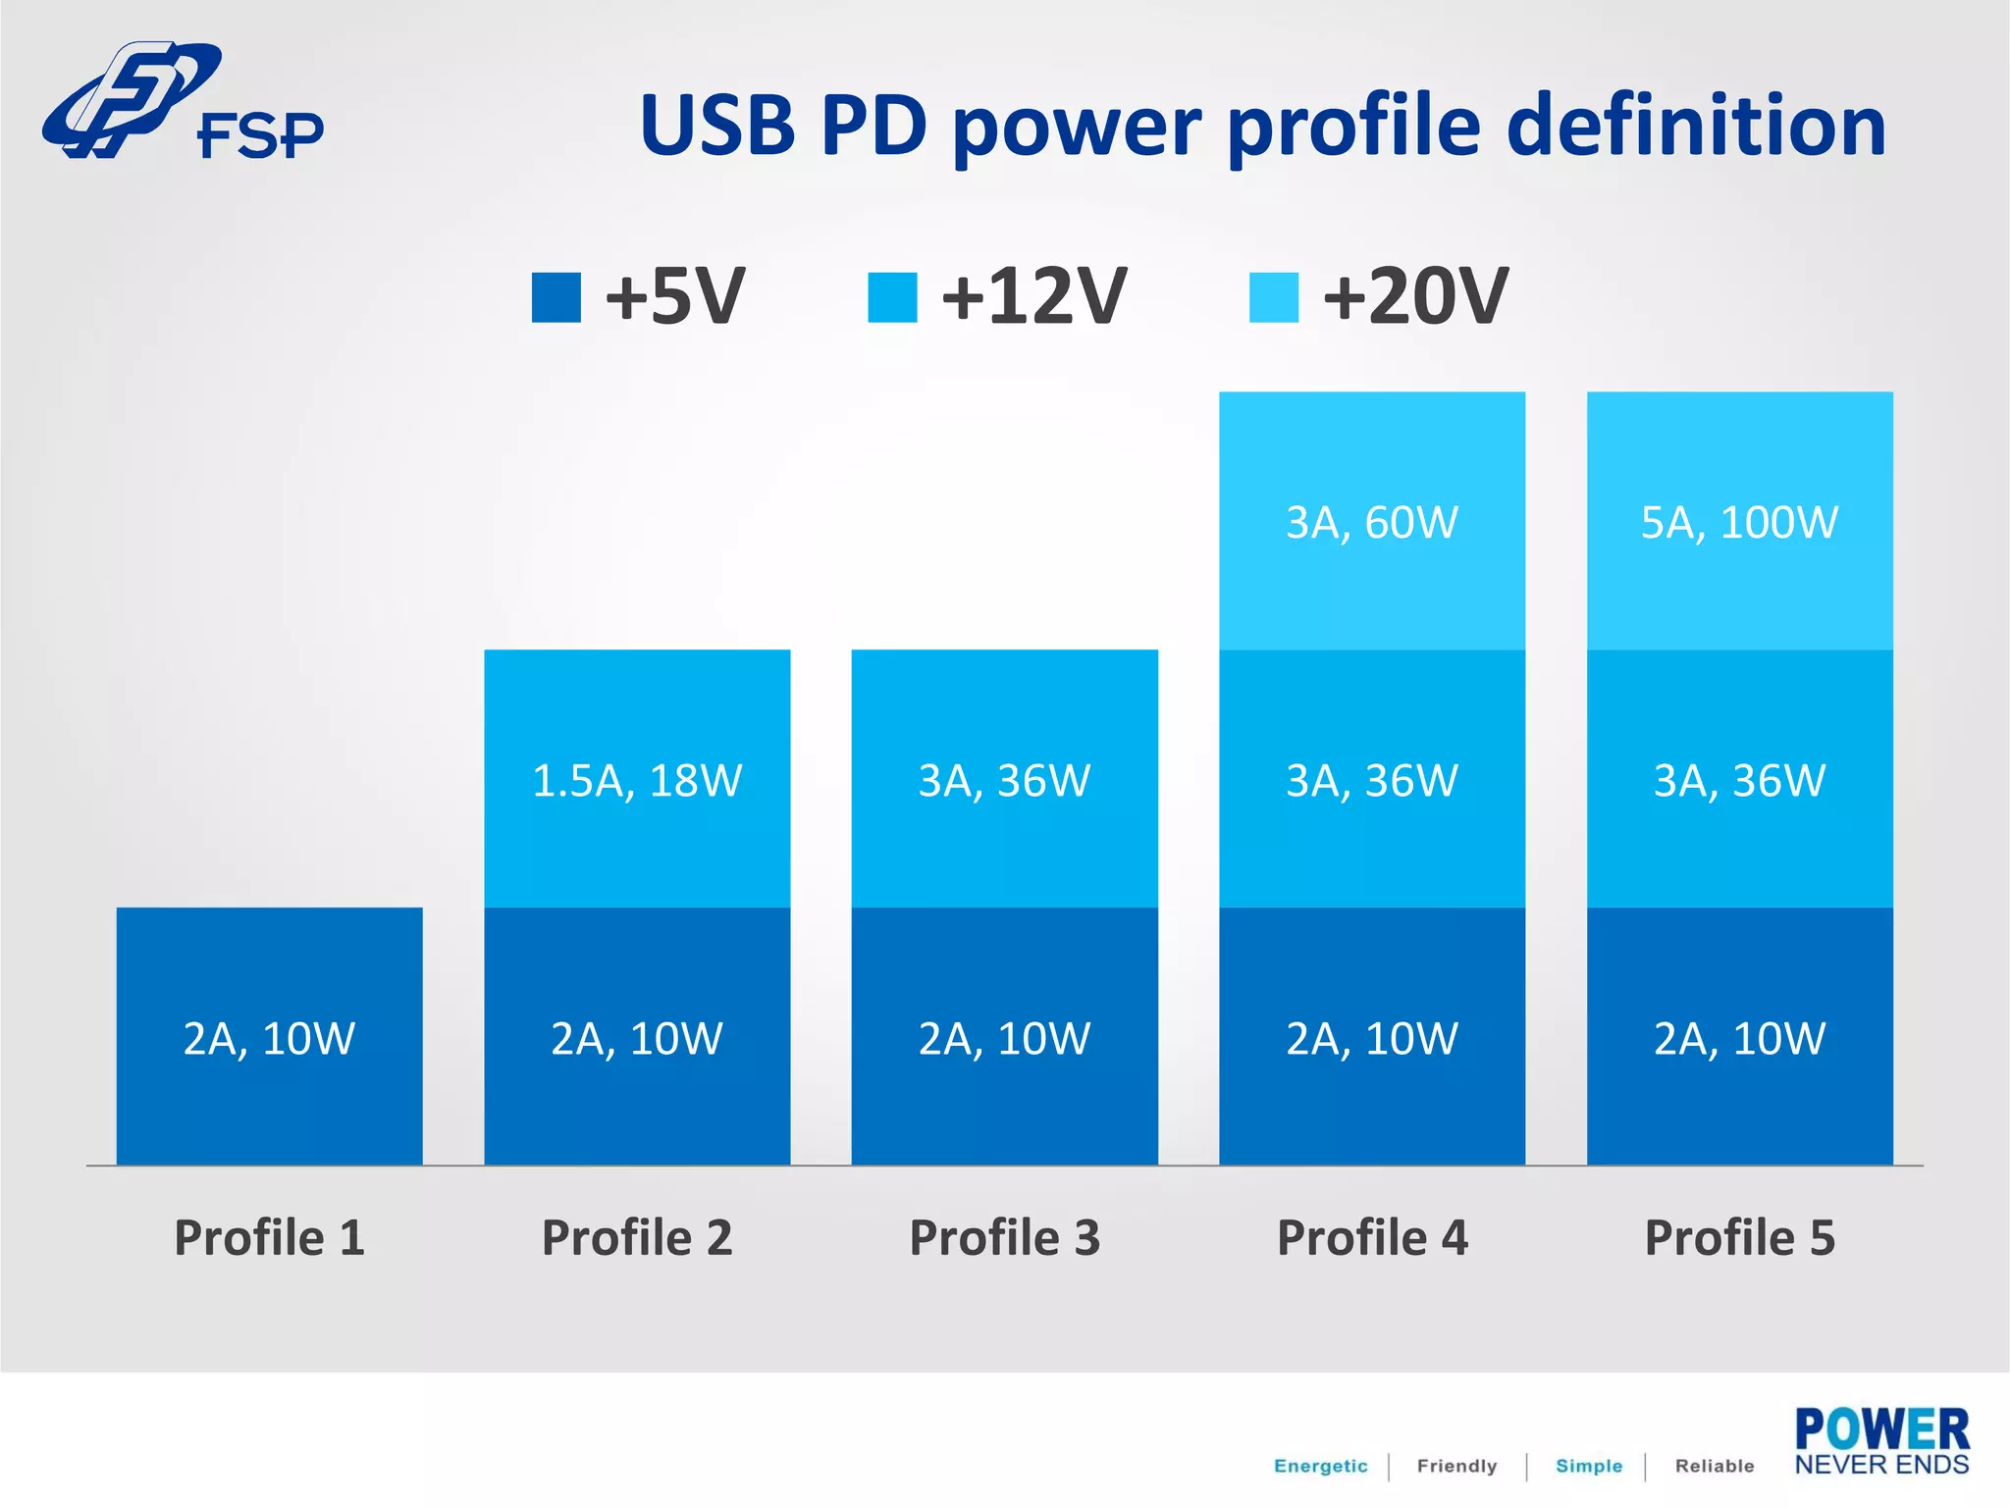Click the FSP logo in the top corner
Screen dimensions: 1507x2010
tap(182, 102)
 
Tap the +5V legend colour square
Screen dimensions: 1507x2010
tap(555, 297)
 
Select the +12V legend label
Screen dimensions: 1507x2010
tap(1033, 296)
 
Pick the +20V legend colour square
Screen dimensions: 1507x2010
tap(1273, 297)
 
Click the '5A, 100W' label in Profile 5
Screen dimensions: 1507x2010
tap(1739, 522)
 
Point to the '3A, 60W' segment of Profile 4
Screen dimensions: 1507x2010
tap(1371, 522)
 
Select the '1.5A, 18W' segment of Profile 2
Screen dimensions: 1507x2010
tap(637, 780)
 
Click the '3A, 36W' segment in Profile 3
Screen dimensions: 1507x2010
tap(1004, 780)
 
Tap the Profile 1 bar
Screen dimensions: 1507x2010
tap(269, 1037)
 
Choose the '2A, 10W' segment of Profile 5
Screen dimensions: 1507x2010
tap(1739, 1037)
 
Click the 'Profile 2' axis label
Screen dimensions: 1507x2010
tap(637, 1237)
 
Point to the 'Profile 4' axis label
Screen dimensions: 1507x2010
tap(1371, 1237)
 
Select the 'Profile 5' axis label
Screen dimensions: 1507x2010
tap(1739, 1237)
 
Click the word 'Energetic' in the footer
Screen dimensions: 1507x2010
tap(1320, 1466)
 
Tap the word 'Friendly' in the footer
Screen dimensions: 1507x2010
tap(1456, 1466)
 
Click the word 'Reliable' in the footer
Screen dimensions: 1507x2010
tap(1714, 1466)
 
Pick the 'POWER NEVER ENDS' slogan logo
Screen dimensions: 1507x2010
tap(1881, 1440)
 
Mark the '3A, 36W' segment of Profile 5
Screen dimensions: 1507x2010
tap(1739, 780)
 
